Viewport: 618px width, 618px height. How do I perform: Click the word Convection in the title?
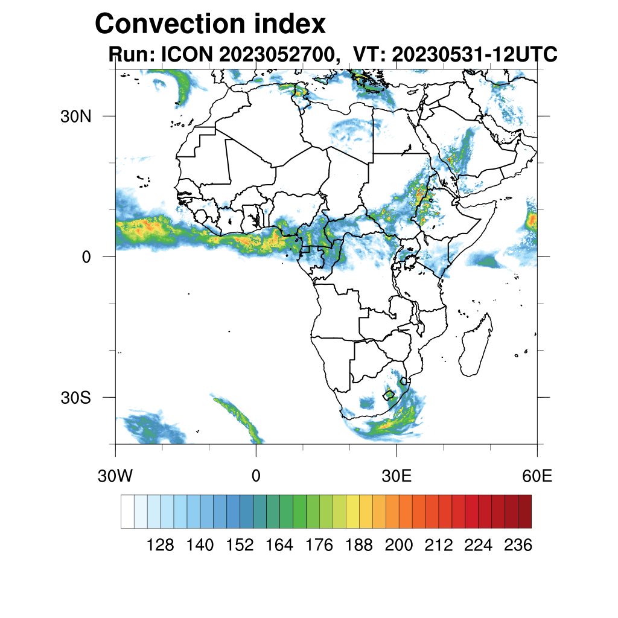coord(171,24)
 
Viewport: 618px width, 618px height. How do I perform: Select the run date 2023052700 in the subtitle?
coord(279,54)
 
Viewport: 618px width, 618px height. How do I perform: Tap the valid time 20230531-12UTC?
coord(474,54)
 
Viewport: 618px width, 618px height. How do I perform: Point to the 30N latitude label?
coord(75,116)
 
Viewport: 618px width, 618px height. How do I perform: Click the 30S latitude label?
coord(75,398)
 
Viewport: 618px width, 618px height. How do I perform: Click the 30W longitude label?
coord(115,476)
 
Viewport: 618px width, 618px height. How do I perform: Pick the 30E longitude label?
coord(397,476)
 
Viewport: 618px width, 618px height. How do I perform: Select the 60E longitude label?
coord(537,476)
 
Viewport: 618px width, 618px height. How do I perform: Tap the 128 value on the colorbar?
coord(160,545)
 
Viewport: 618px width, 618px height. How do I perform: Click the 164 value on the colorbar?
coord(279,545)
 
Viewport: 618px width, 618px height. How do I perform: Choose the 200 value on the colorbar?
coord(398,545)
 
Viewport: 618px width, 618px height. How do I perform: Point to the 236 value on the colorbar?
coord(518,545)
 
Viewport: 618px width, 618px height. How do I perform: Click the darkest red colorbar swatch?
coord(524,511)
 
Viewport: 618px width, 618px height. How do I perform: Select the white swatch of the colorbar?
coord(128,511)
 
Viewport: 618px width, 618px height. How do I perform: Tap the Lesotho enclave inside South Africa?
coord(389,395)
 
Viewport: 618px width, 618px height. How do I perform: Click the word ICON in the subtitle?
coord(187,54)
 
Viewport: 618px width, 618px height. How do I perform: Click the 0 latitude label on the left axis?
coord(86,257)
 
